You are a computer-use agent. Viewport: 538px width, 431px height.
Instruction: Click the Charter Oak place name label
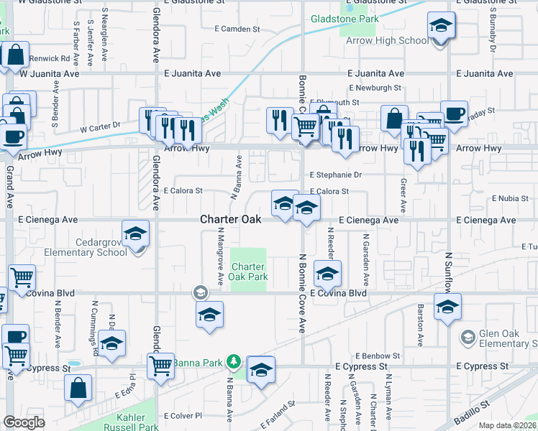click(230, 219)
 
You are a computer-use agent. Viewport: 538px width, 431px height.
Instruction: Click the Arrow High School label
click(393, 40)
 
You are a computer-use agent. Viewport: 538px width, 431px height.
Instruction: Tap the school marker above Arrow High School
click(440, 27)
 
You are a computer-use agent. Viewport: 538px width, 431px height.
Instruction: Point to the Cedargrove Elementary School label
click(86, 247)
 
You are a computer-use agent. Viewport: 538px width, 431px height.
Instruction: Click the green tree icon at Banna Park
click(233, 361)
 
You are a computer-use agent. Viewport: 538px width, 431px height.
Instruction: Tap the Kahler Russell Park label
click(137, 422)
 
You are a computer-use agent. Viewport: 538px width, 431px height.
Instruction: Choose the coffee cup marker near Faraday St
click(453, 113)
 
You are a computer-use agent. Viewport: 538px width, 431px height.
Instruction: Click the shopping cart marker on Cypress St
click(160, 365)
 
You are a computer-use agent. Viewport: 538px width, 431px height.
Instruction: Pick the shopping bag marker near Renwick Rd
click(14, 55)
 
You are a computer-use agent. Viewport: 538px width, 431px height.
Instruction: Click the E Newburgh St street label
click(375, 88)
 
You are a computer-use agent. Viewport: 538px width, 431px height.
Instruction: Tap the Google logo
click(24, 422)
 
